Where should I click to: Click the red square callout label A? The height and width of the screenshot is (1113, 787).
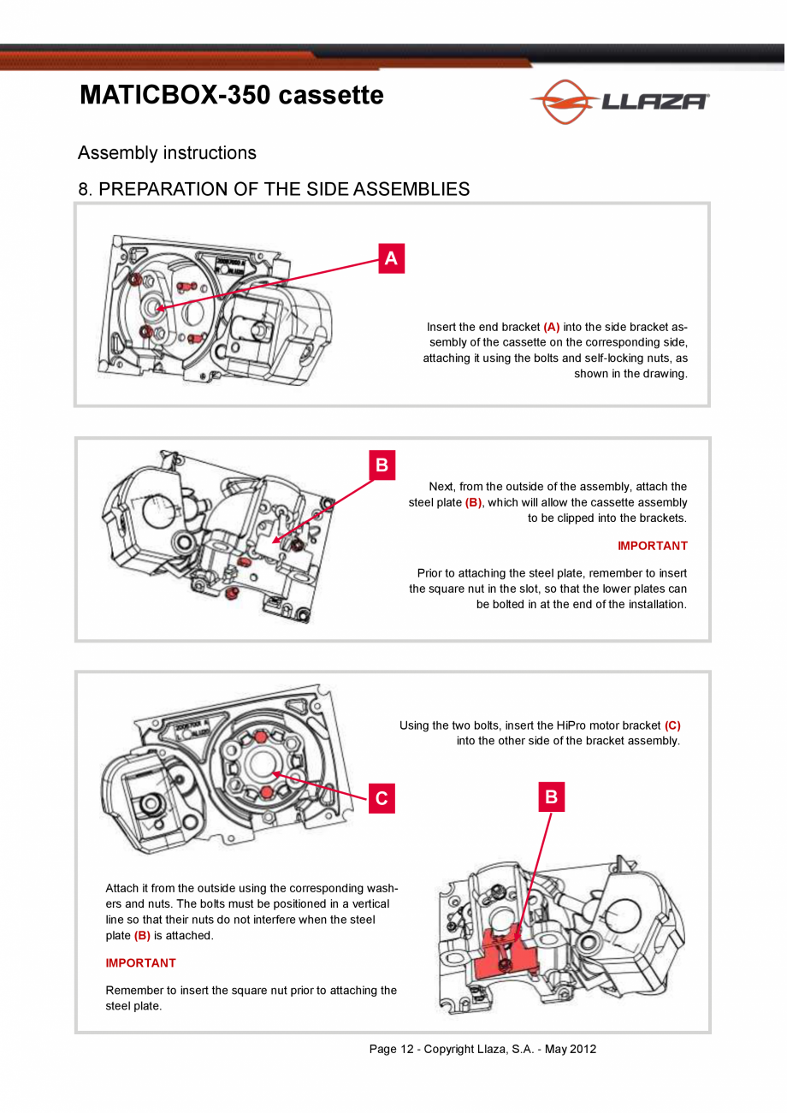tap(391, 258)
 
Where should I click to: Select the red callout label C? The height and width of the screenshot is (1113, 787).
tap(382, 798)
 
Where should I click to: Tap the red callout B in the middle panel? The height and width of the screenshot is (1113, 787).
tap(382, 465)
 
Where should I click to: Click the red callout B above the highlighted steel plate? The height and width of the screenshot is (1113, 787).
tap(552, 797)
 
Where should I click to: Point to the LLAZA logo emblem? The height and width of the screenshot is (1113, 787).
tap(565, 101)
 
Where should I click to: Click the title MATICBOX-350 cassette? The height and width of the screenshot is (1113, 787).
tap(232, 94)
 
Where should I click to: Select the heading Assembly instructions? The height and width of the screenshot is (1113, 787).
tap(167, 152)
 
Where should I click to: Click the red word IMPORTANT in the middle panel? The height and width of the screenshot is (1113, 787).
tap(653, 546)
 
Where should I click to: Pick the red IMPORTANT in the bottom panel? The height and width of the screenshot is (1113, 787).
tap(140, 963)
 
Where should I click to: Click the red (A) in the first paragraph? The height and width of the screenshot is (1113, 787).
tap(552, 327)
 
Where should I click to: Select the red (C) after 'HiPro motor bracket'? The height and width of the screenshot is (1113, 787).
tap(672, 725)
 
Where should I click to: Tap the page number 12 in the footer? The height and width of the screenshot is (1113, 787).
tap(407, 1049)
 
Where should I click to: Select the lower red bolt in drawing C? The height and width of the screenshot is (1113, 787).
tap(267, 792)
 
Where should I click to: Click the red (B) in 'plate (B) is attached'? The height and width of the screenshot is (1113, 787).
tap(142, 936)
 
